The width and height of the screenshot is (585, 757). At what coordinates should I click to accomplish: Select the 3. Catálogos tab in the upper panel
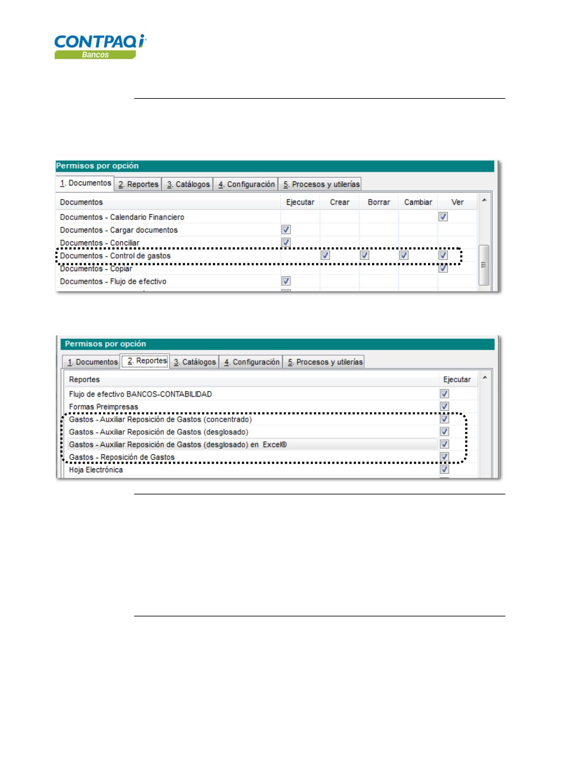188,185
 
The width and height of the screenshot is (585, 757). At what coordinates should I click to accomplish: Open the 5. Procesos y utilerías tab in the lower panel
325,362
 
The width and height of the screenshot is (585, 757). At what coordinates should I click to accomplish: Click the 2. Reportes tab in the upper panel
138,185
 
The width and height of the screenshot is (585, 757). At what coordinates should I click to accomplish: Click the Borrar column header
379,202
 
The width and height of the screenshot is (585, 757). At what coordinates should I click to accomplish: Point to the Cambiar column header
418,202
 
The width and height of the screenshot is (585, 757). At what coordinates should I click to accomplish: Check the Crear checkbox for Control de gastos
325,255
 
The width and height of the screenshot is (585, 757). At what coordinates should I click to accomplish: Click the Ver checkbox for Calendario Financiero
443,216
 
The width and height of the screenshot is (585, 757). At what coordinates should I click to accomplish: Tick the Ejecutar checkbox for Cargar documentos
286,230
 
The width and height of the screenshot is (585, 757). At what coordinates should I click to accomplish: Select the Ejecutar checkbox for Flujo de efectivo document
286,281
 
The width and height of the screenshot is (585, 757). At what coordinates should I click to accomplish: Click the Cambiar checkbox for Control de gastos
404,255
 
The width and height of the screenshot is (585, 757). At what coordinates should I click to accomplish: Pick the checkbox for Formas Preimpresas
445,406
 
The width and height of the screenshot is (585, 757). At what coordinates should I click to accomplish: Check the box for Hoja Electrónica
445,469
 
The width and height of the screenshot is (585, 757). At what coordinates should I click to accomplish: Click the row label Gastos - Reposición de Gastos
122,457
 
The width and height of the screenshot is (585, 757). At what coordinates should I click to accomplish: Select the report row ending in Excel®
178,444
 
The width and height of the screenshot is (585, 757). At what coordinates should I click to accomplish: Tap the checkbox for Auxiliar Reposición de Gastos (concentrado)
445,419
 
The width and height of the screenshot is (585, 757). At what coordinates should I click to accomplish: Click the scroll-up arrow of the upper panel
484,200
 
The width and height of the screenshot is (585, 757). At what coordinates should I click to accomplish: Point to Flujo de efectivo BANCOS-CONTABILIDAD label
140,394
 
